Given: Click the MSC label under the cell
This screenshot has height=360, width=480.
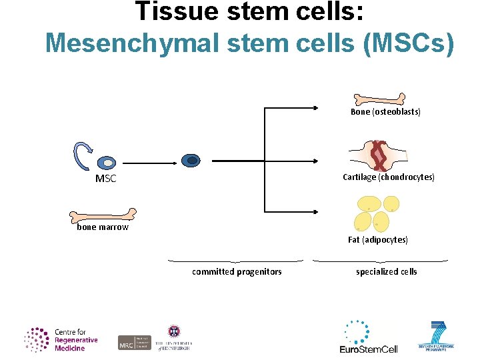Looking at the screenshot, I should (x=105, y=179).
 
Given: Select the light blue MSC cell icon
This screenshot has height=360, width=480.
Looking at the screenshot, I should (x=107, y=162).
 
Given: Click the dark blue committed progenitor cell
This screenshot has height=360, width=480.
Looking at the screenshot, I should (x=191, y=160).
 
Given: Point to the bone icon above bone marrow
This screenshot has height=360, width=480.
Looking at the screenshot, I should (x=102, y=215).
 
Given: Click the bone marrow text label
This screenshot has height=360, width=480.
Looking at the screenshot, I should (x=103, y=227).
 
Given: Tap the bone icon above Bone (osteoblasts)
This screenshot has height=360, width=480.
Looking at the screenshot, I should (x=378, y=99).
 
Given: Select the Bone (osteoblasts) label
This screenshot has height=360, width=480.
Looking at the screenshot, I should (x=385, y=112).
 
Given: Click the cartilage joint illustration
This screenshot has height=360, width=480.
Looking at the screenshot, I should (x=380, y=156).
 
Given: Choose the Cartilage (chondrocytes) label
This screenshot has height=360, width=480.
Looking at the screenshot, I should (x=388, y=177).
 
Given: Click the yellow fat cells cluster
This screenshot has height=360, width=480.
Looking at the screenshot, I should (x=378, y=212).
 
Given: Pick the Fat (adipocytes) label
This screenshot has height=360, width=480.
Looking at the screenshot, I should (x=378, y=239).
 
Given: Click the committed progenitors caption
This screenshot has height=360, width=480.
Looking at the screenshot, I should (x=237, y=271).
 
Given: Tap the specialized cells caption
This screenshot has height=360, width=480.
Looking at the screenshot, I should (x=386, y=271).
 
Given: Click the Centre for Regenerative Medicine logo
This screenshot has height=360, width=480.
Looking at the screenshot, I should (x=61, y=339).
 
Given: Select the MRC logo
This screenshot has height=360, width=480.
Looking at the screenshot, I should (x=135, y=343).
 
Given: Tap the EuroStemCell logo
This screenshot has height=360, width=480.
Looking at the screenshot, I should (x=368, y=337).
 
